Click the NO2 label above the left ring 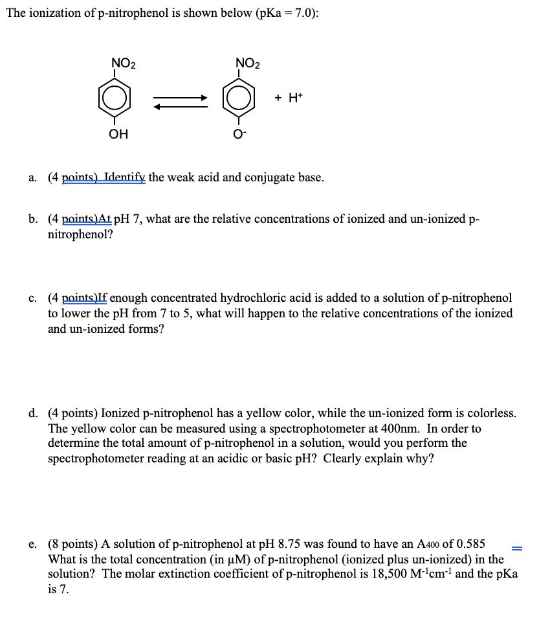(124, 63)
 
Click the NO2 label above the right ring (248, 63)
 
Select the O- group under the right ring (239, 134)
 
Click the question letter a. (32, 177)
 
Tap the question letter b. (32, 219)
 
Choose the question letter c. (32, 298)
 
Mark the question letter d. (32, 413)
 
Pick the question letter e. (32, 543)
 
